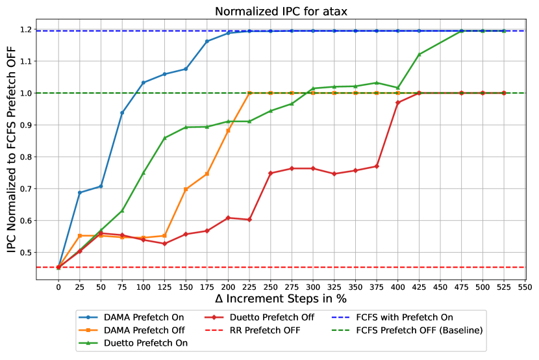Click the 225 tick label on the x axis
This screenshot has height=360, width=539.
249,287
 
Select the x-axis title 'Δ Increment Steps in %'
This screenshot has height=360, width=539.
281,298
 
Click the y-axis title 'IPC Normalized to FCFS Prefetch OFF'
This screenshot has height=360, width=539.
11,152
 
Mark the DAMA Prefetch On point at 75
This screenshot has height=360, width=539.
122,112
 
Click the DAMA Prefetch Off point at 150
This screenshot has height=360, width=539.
186,189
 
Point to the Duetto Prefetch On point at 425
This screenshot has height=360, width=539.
419,54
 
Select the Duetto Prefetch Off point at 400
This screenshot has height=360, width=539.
397,103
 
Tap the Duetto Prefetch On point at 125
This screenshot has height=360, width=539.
164,138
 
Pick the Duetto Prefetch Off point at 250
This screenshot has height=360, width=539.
270,173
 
